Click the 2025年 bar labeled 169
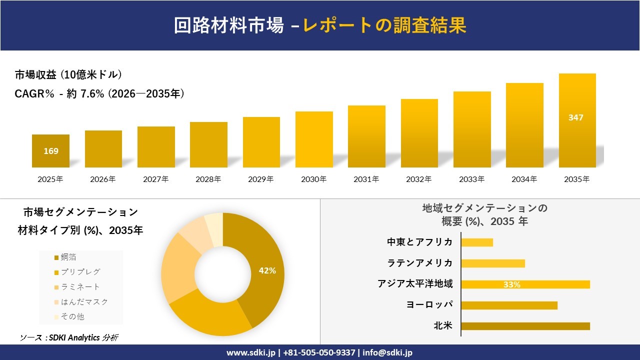[x=50, y=151]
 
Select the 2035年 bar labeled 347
[x=577, y=120]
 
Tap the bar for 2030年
[x=314, y=139]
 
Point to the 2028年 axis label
[x=208, y=179]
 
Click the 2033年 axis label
[x=472, y=179]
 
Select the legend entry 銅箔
[x=68, y=257]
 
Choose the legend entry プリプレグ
[x=80, y=272]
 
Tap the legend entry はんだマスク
[x=83, y=301]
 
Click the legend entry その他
[x=72, y=316]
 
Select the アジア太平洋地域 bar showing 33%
[x=525, y=284]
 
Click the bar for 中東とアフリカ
[x=477, y=242]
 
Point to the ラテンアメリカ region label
[x=420, y=263]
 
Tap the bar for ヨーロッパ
[x=509, y=305]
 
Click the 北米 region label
[x=443, y=326]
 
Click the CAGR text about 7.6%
[x=99, y=93]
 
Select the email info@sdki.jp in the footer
[x=387, y=352]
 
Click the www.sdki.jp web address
[x=250, y=352]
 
